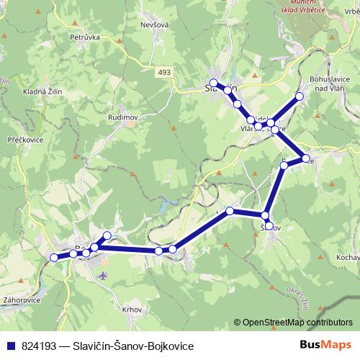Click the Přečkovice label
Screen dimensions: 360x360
pyautogui.click(x=25, y=140)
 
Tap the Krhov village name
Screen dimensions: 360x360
pyautogui.click(x=132, y=309)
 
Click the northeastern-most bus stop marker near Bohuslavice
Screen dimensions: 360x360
pyautogui.click(x=300, y=96)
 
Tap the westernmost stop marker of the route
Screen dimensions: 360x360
pyautogui.click(x=54, y=257)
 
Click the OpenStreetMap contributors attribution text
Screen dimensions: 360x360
pyautogui.click(x=297, y=322)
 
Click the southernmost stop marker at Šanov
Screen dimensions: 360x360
pyautogui.click(x=269, y=226)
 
